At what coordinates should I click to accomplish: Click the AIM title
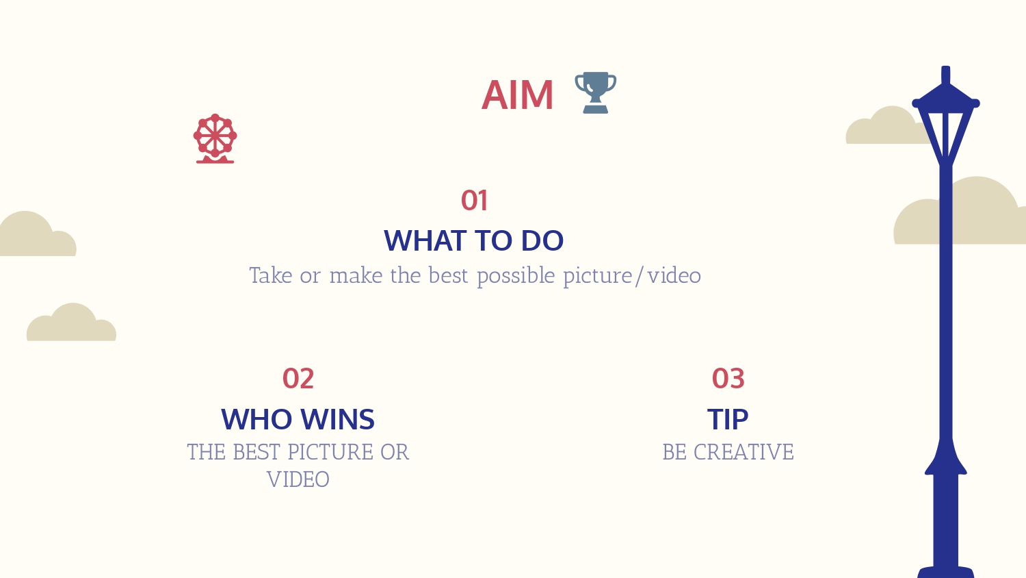[x=518, y=95]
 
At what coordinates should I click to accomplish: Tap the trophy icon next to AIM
[x=596, y=92]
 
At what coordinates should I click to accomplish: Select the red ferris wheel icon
[x=215, y=138]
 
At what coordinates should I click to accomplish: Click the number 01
[x=474, y=201]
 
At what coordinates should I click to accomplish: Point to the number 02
[x=298, y=379]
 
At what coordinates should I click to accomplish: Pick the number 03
[x=728, y=379]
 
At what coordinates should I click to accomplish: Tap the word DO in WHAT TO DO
[x=542, y=240]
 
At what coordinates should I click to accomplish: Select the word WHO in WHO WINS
[x=256, y=419]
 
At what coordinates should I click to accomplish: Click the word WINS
[x=338, y=419]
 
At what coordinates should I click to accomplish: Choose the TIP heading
[x=728, y=419]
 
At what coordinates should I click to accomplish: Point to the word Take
[x=271, y=276]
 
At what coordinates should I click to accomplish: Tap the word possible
[x=516, y=277]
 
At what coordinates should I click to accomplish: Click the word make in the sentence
[x=356, y=276]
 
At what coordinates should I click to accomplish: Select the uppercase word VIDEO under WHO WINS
[x=298, y=479]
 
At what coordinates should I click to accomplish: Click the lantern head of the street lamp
[x=946, y=124]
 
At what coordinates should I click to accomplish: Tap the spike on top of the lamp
[x=946, y=75]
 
